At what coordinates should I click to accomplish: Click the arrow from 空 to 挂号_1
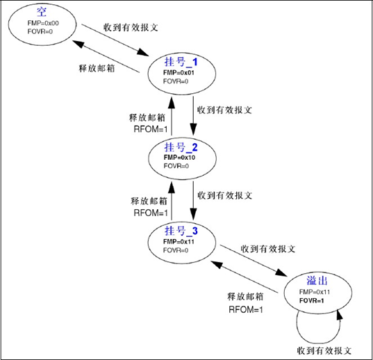115,40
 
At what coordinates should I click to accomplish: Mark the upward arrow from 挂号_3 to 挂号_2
172,197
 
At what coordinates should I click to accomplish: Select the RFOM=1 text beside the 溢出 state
246,309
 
